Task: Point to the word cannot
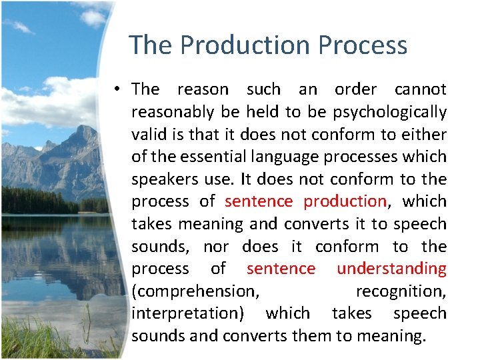(x=421, y=89)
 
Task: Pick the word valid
(x=149, y=134)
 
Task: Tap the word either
(x=424, y=134)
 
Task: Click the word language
(x=288, y=157)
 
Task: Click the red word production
(x=345, y=201)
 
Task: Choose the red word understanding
(x=391, y=269)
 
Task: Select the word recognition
(x=401, y=291)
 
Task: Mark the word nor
(x=216, y=247)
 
